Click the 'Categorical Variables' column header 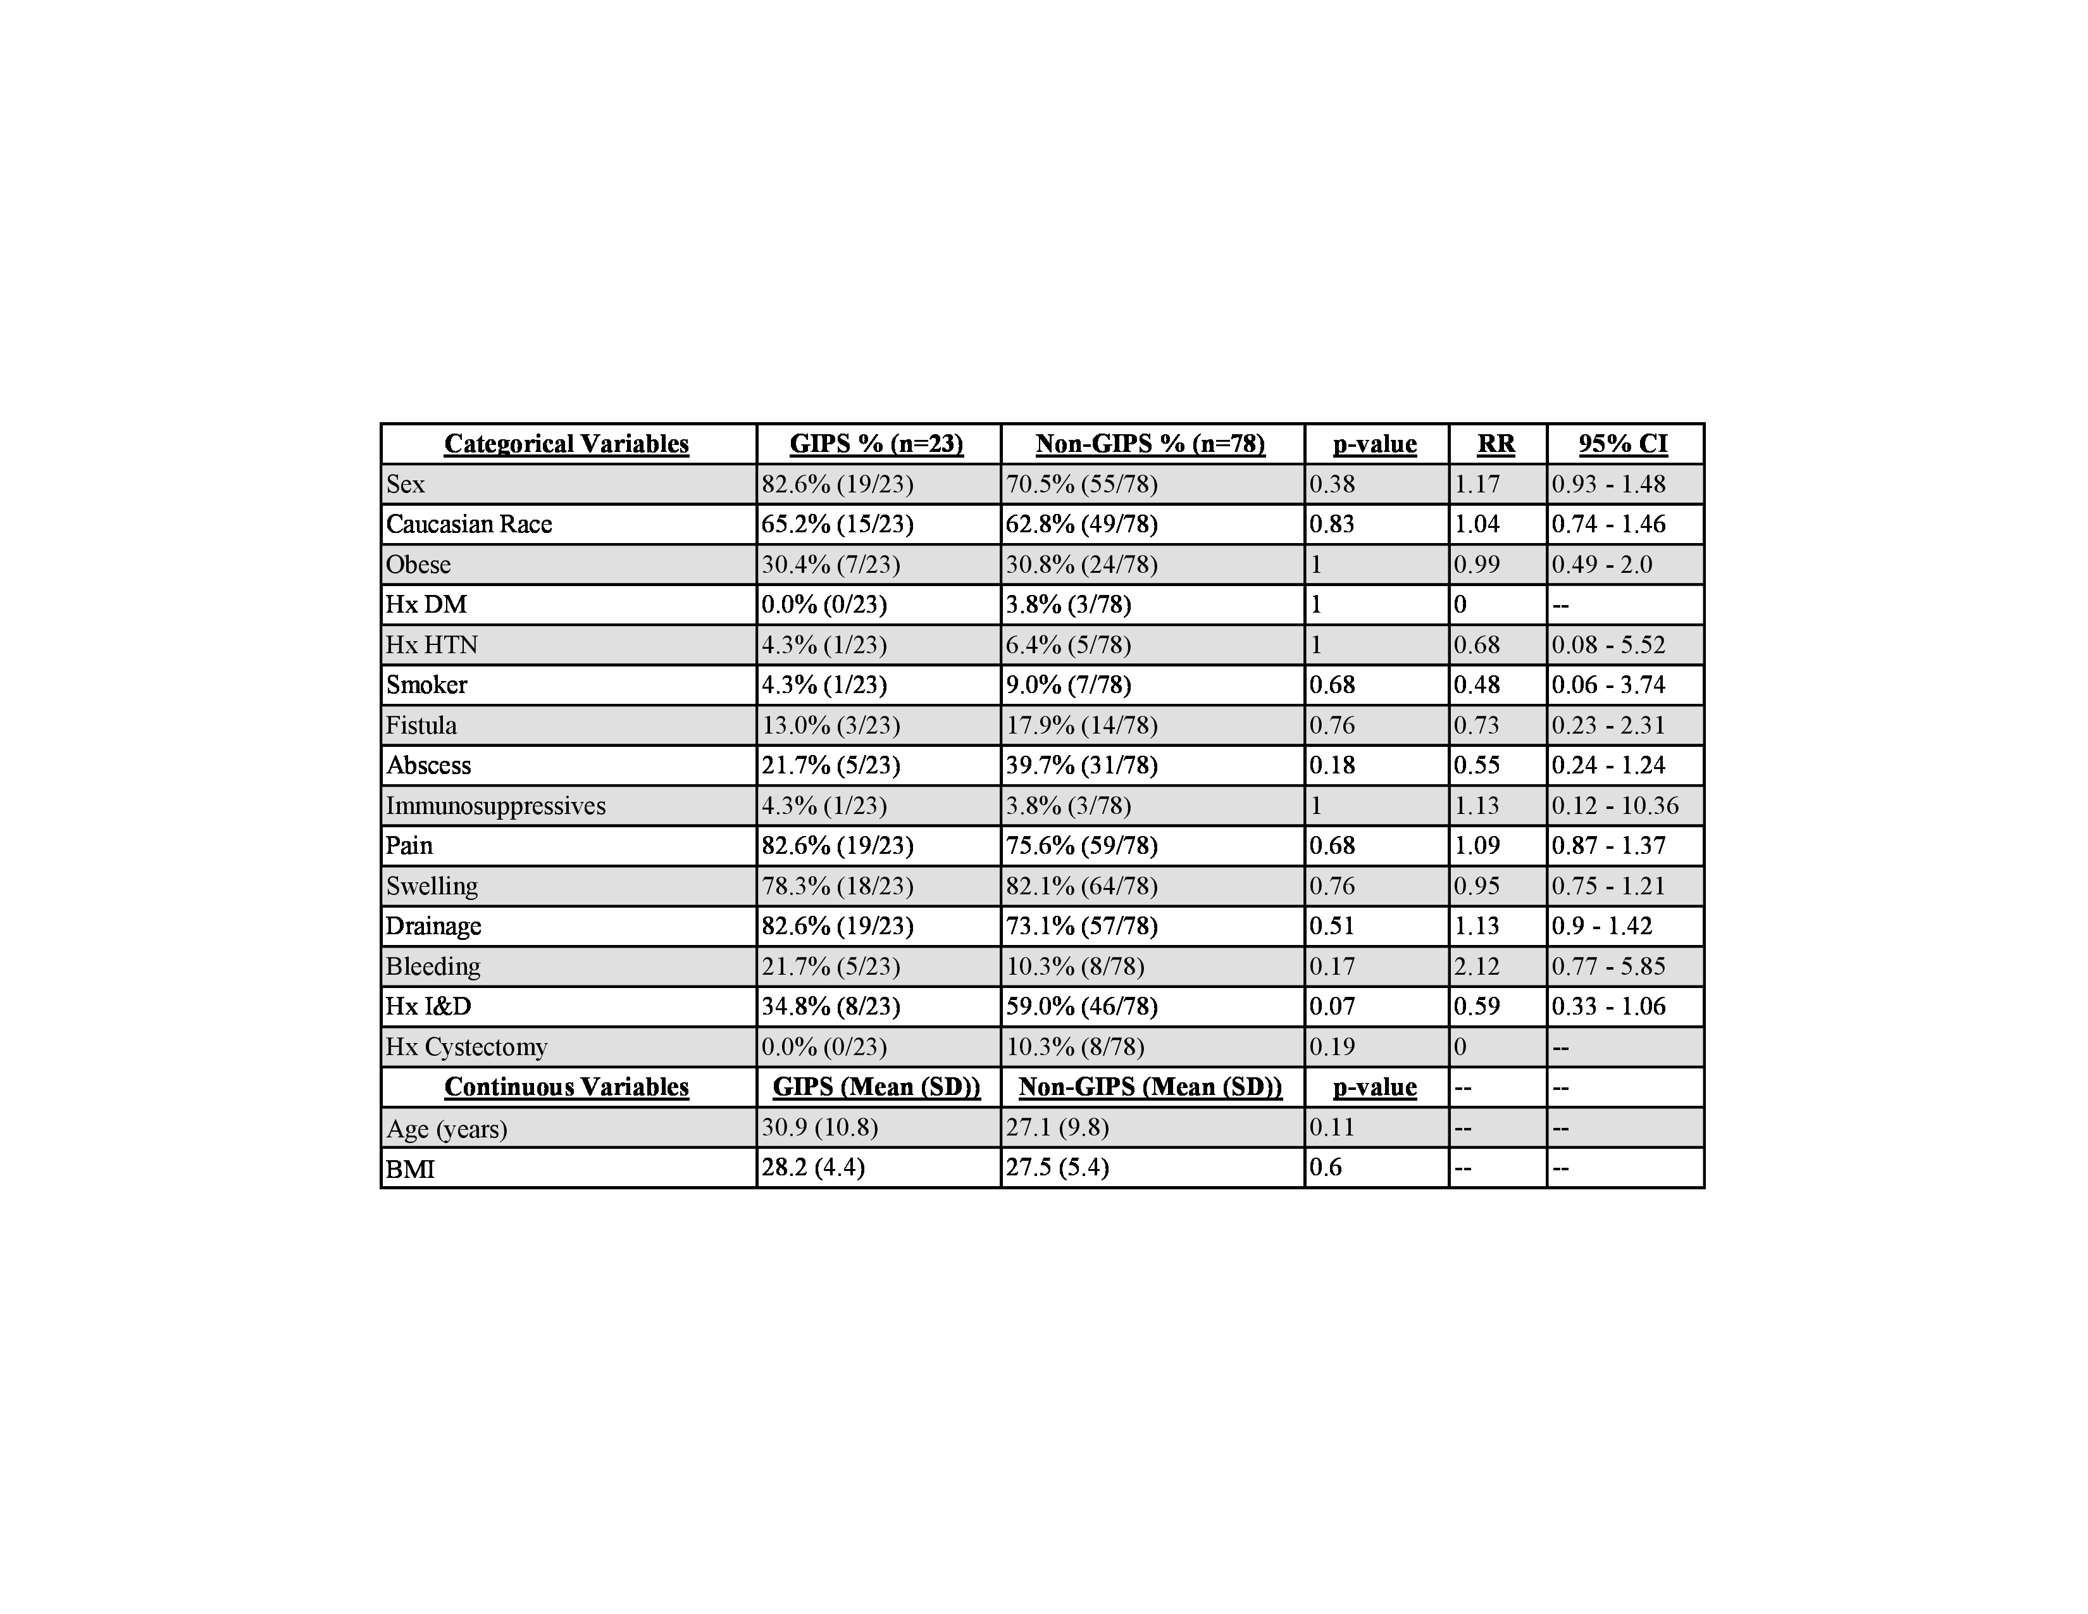pyautogui.click(x=566, y=444)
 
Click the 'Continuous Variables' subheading pyautogui.click(x=566, y=1087)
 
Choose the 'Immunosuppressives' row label pyautogui.click(x=495, y=805)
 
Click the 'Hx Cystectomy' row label pyautogui.click(x=466, y=1047)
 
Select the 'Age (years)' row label pyautogui.click(x=447, y=1129)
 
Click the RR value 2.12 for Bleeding pyautogui.click(x=1476, y=966)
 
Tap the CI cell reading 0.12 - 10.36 pyautogui.click(x=1615, y=805)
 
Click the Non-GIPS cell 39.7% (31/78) pyautogui.click(x=1081, y=765)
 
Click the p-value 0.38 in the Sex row pyautogui.click(x=1332, y=484)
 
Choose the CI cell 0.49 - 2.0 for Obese pyautogui.click(x=1601, y=564)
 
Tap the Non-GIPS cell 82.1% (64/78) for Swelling pyautogui.click(x=1081, y=885)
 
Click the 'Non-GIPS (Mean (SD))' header pyautogui.click(x=1150, y=1087)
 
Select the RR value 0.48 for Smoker pyautogui.click(x=1476, y=685)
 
